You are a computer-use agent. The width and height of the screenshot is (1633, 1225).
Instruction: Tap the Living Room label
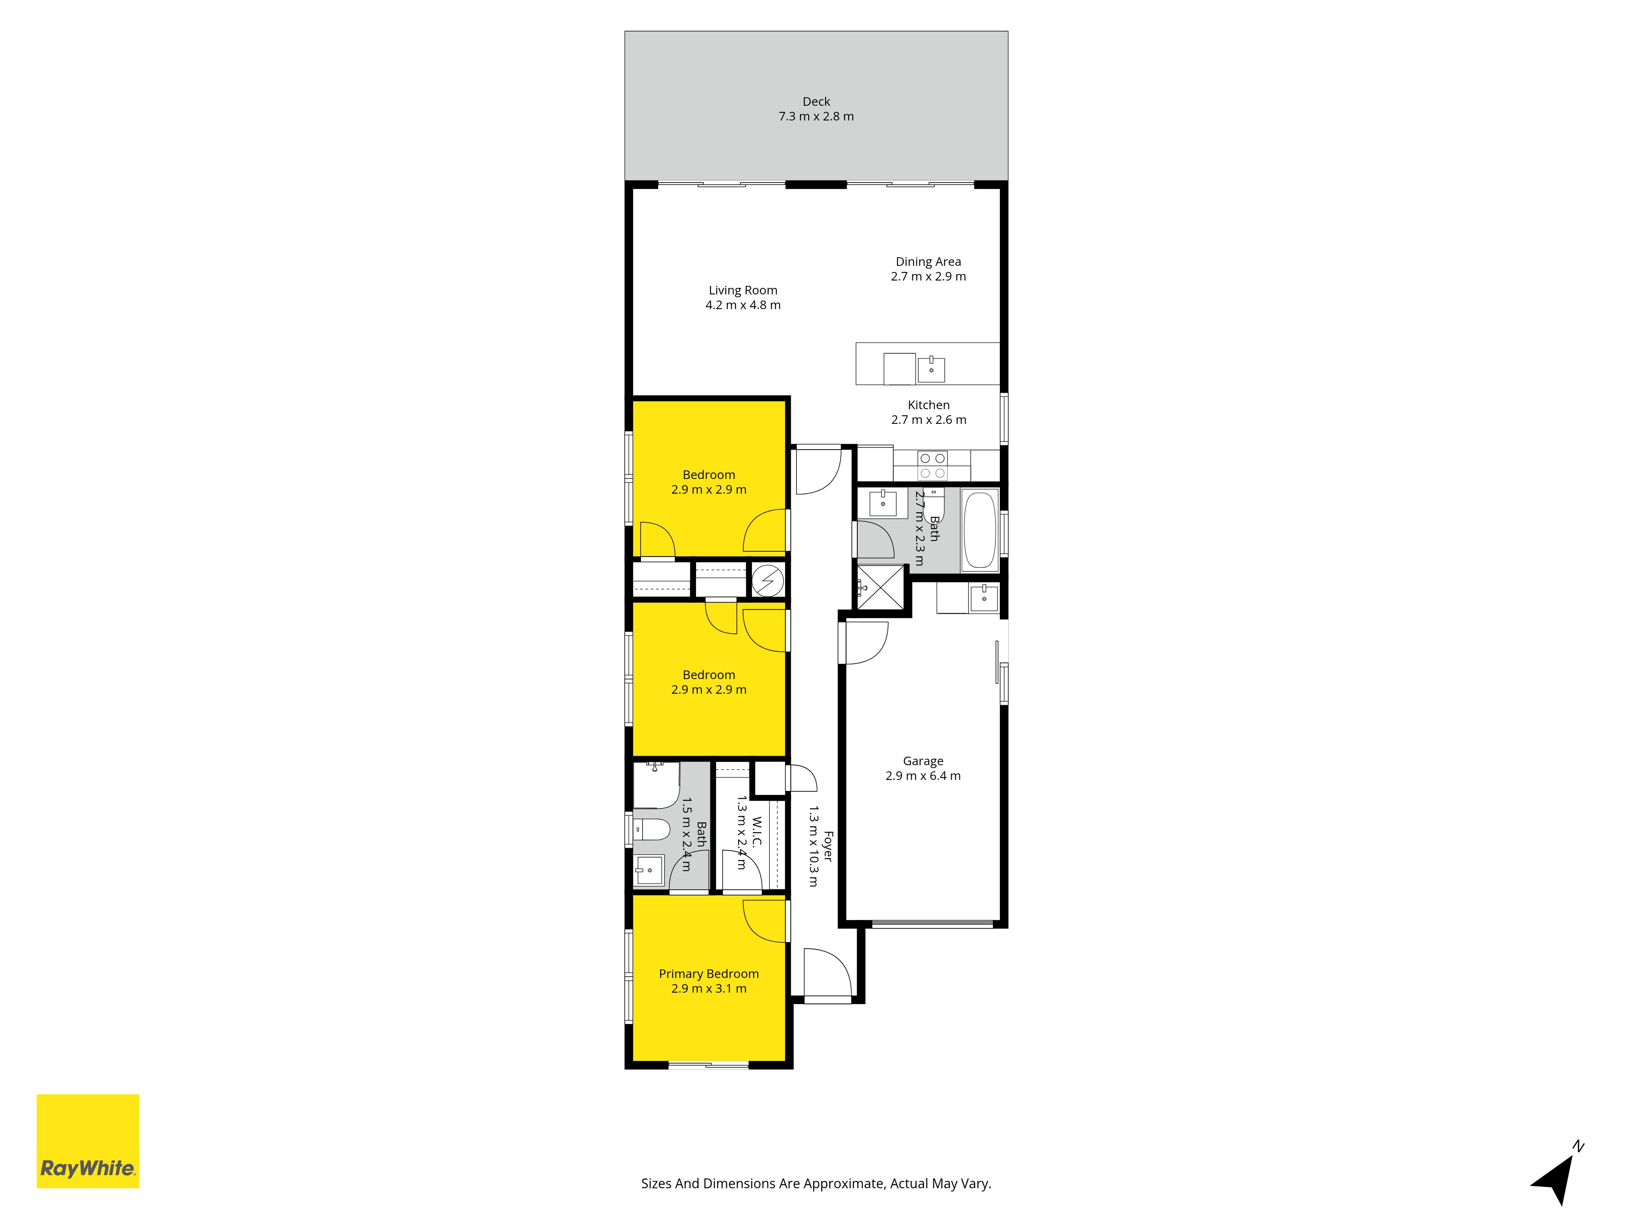coord(743,290)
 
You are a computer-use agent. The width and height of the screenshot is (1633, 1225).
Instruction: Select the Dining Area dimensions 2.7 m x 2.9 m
coord(928,276)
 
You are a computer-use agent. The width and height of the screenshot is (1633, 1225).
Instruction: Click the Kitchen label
coord(929,405)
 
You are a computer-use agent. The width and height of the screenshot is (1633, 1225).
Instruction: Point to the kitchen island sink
coord(931,368)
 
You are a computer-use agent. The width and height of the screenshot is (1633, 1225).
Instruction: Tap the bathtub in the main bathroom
coord(980,530)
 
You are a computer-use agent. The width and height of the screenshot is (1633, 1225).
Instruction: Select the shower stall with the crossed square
coord(881,588)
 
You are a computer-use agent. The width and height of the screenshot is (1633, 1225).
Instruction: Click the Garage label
coord(923,761)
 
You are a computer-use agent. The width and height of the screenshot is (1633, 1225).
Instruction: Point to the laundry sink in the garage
coord(983,597)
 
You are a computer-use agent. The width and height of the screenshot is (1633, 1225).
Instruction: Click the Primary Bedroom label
coord(709,974)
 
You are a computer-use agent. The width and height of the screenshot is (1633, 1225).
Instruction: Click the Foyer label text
coord(828,846)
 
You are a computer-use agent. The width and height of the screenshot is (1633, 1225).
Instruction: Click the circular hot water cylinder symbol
coord(768,580)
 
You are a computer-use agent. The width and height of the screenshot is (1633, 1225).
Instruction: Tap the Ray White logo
coord(88,1141)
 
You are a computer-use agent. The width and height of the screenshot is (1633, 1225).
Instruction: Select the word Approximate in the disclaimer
coord(843,1184)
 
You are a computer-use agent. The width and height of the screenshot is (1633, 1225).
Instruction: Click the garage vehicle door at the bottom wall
coord(932,923)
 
